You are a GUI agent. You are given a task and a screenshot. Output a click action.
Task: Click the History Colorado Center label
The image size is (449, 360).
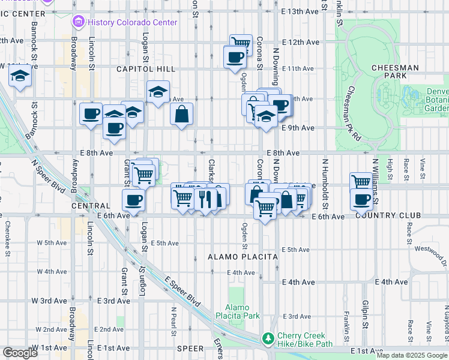132,22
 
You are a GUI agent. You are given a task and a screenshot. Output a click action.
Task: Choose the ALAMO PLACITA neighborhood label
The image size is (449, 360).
243,257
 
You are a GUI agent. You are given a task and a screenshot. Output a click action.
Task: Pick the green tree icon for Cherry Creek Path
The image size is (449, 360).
268,339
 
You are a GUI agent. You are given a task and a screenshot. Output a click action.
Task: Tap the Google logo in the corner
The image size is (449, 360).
20,353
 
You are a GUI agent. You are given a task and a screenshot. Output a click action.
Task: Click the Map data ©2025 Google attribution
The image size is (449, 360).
412,355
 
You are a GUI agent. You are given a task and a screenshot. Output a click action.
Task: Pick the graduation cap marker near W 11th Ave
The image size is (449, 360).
20,77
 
